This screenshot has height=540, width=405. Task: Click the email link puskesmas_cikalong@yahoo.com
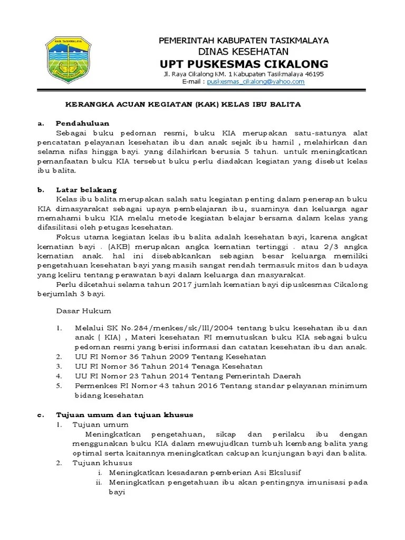[x=256, y=82]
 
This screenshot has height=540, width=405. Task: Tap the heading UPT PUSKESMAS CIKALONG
[x=244, y=64]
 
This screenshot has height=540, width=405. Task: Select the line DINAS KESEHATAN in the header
[x=243, y=51]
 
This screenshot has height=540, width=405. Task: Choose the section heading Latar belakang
[x=86, y=189]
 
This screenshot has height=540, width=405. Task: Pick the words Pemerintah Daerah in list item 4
[x=263, y=375]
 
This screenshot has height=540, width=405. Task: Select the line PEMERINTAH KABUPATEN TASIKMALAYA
[x=243, y=41]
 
